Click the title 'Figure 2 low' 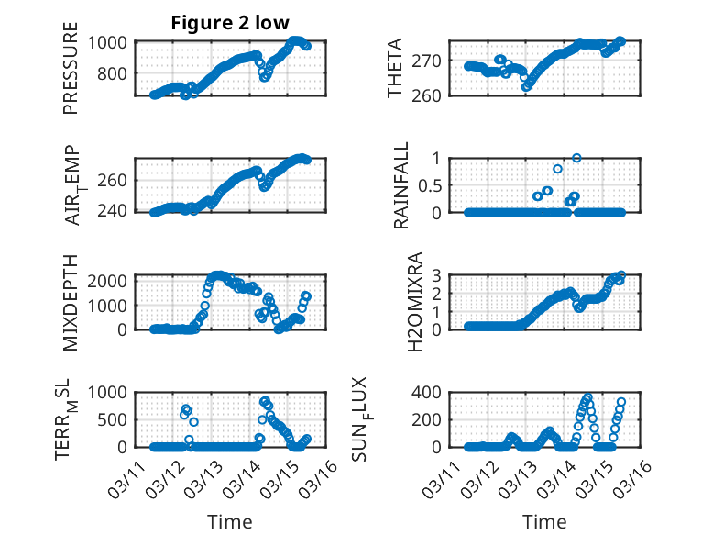click(230, 23)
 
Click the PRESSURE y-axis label click(71, 68)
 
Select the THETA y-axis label click(395, 68)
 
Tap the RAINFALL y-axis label click(401, 185)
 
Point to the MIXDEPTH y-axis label click(71, 303)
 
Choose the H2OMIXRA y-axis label click(415, 302)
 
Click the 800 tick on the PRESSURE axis click(112, 73)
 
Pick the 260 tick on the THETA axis click(426, 95)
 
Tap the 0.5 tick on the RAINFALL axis click(430, 185)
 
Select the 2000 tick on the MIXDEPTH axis click(107, 281)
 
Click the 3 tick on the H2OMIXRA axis click(436, 275)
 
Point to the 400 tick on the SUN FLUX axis click(426, 392)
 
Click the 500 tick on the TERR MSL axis click(112, 419)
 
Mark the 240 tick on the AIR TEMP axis click(112, 211)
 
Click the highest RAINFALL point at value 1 click(576, 158)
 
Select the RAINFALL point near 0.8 click(557, 169)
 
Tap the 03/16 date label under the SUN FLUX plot click(634, 478)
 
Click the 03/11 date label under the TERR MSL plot click(126, 478)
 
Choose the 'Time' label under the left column click(230, 522)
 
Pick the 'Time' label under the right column click(544, 522)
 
